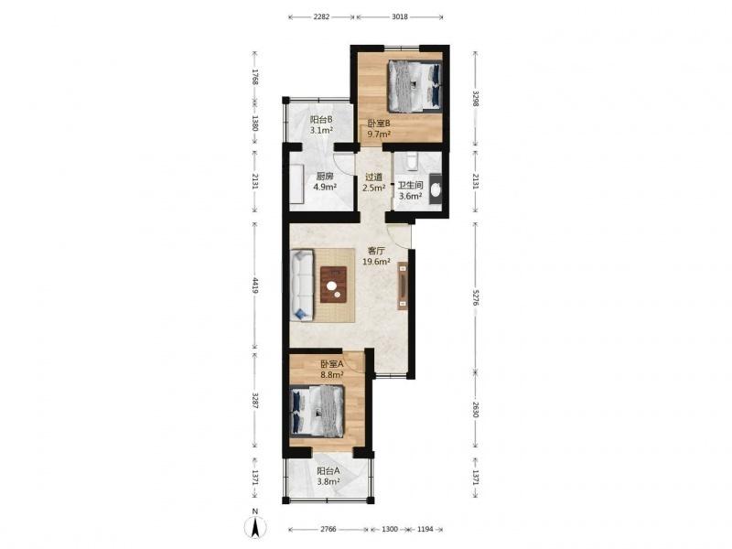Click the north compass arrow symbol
point(255,528)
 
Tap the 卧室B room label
point(379,124)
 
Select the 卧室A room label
point(332,363)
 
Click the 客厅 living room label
point(376,251)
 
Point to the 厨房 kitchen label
point(325,177)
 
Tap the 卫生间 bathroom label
point(410,186)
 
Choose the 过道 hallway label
point(373,178)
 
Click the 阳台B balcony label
point(321,120)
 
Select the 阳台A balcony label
point(328,471)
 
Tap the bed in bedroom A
point(318,412)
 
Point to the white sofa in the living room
point(302,285)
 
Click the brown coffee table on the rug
point(333,285)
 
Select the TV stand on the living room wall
point(403,285)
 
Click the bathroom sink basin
point(436,189)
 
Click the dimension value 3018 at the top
point(400,16)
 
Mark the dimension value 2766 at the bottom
point(328,530)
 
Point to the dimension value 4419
point(255,285)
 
